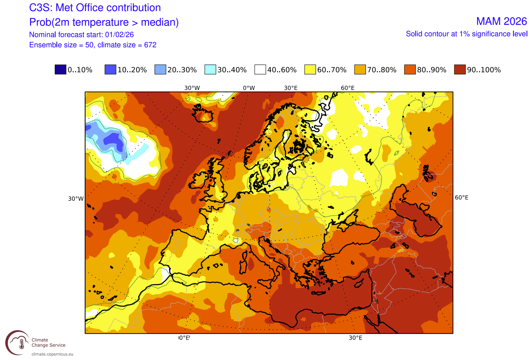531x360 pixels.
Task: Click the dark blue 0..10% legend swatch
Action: pyautogui.click(x=60, y=70)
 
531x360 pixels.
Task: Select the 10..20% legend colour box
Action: pyautogui.click(x=110, y=70)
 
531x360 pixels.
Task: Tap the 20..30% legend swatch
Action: pyautogui.click(x=160, y=70)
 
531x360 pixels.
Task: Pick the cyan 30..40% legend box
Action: pyautogui.click(x=210, y=70)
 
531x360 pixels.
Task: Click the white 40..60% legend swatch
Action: pyautogui.click(x=260, y=70)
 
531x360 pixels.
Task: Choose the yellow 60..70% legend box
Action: pyautogui.click(x=309, y=70)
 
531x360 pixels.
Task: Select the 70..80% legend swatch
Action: pyautogui.click(x=359, y=70)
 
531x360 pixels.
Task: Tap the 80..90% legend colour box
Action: pyautogui.click(x=409, y=70)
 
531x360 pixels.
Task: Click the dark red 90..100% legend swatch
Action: pyautogui.click(x=459, y=70)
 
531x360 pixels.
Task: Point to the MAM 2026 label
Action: pyautogui.click(x=502, y=21)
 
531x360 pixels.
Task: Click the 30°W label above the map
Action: pyautogui.click(x=192, y=88)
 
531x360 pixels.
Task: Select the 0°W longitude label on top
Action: pyautogui.click(x=249, y=88)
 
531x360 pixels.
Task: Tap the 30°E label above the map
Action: pyautogui.click(x=290, y=88)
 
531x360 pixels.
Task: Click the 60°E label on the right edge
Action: pyautogui.click(x=462, y=197)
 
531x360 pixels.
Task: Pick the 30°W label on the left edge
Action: pyautogui.click(x=76, y=199)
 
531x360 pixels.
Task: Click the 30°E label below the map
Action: pyautogui.click(x=355, y=338)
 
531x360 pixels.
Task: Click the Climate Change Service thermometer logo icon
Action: pyautogui.click(x=17, y=342)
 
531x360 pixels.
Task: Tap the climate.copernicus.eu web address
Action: pyautogui.click(x=53, y=354)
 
